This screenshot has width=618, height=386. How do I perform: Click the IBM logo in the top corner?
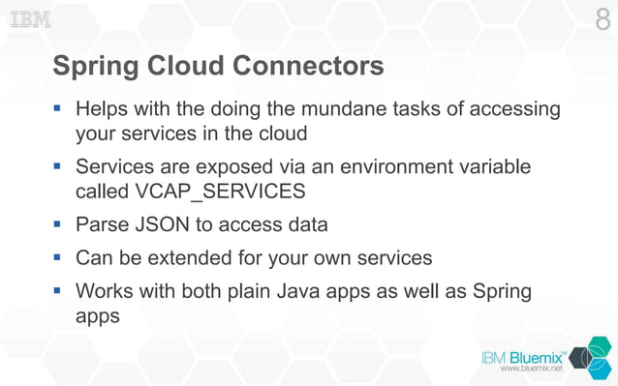click(30, 19)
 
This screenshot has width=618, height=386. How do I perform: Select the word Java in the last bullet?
click(305, 291)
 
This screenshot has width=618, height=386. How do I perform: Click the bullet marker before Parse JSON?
click(58, 224)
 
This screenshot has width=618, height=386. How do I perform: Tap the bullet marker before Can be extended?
click(58, 258)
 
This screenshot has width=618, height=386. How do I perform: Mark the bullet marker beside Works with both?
click(58, 290)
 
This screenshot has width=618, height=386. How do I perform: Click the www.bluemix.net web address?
click(530, 369)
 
